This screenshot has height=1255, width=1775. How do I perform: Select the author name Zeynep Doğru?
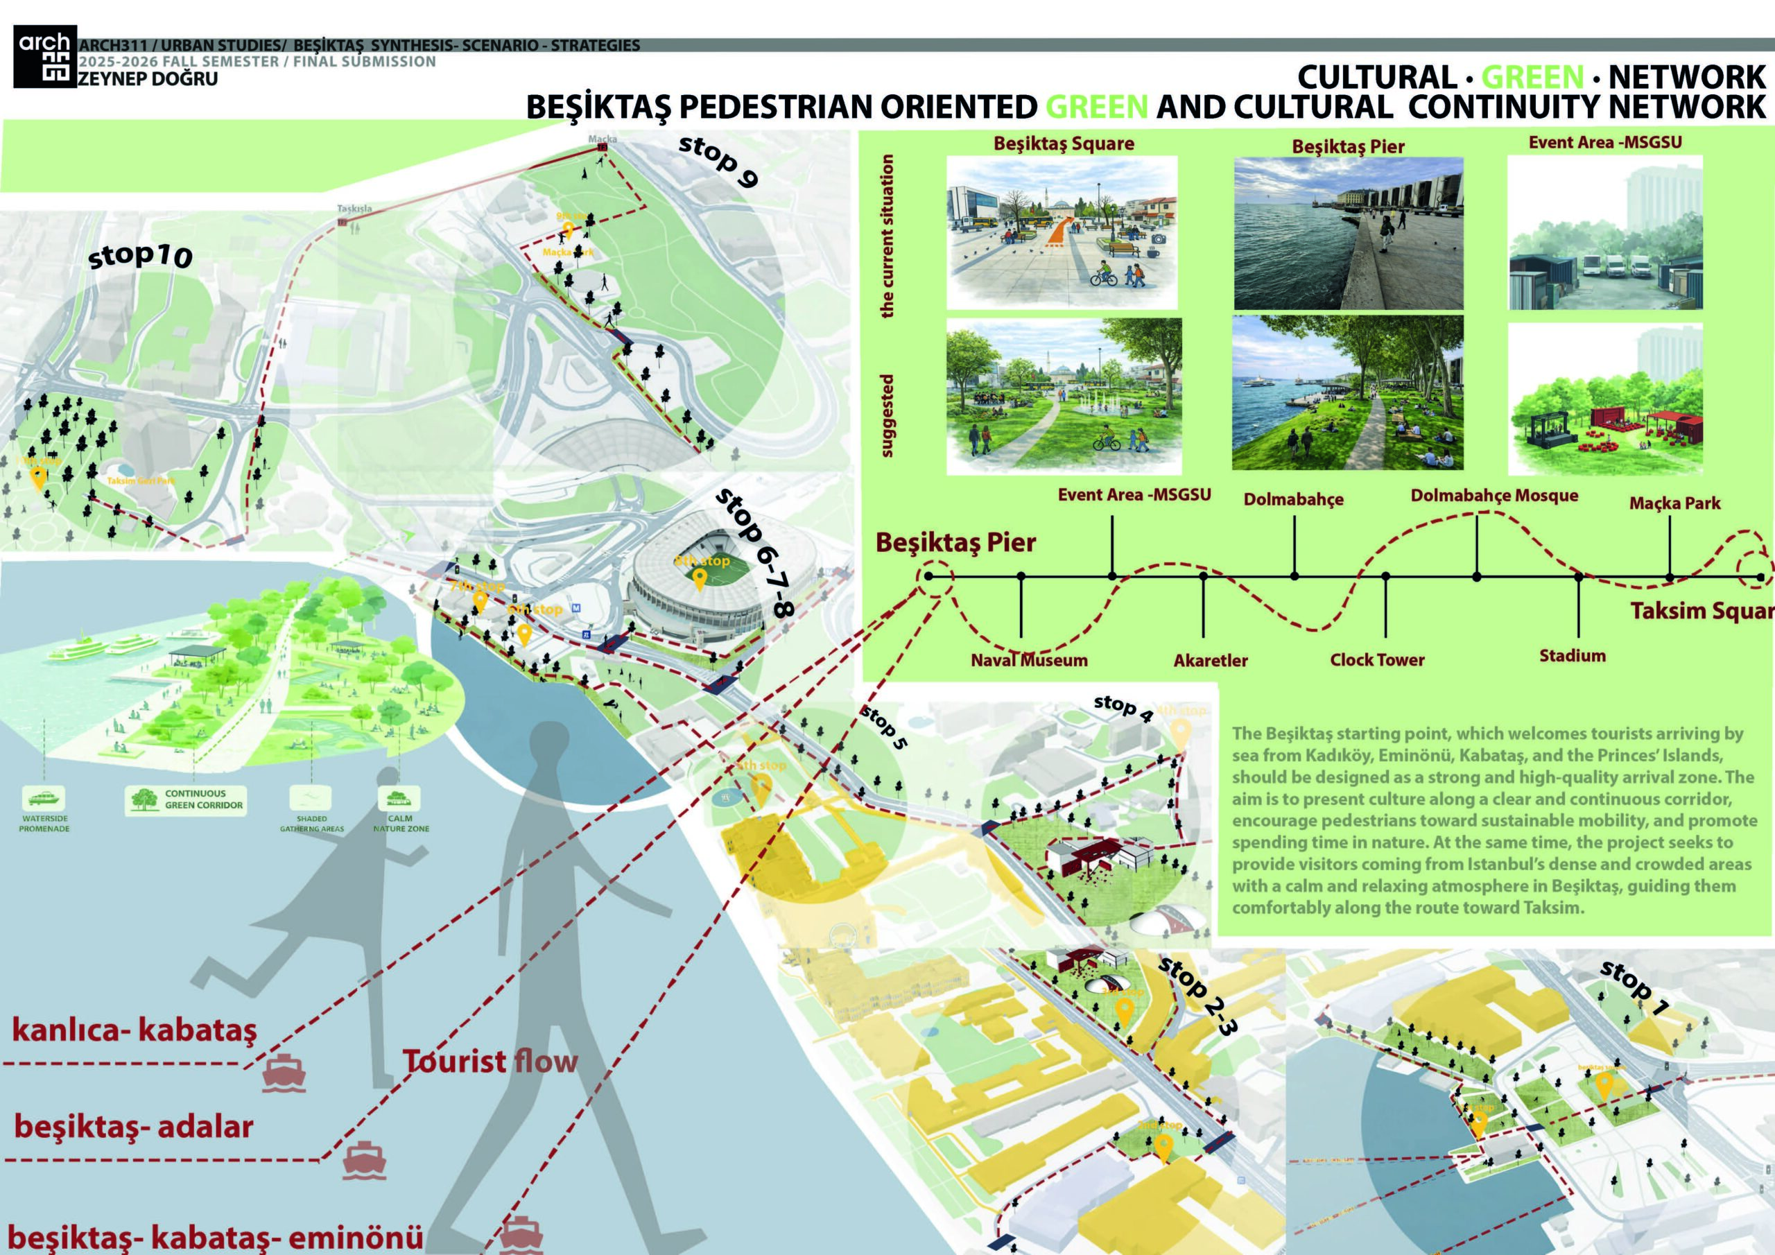point(148,79)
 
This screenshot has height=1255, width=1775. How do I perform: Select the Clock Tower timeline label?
point(1377,660)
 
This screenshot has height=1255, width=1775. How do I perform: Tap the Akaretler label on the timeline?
point(1211,661)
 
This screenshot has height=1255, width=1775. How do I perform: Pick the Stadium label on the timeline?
point(1572,657)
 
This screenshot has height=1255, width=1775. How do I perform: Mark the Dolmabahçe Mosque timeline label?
point(1493,496)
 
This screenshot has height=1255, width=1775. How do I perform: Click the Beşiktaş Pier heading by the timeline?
point(955,543)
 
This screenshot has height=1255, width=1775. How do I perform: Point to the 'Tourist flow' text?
point(490,1062)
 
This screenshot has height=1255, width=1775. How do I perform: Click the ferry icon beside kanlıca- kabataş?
point(285,1071)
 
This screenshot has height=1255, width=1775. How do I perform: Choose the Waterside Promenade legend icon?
point(44,799)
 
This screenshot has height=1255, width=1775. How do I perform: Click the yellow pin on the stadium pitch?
point(700,578)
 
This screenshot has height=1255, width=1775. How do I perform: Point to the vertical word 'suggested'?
point(887,415)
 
